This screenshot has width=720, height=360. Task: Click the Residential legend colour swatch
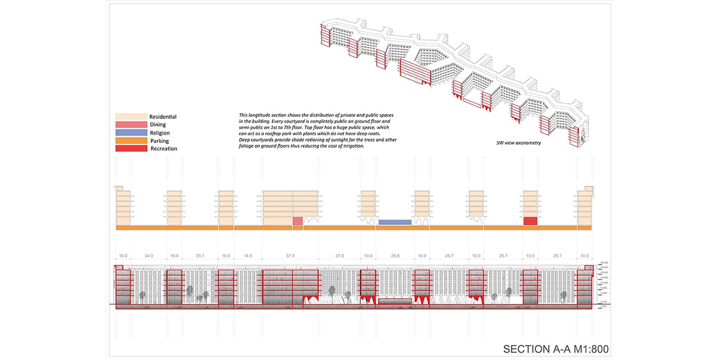(131, 116)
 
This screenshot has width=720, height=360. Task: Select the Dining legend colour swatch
(131, 124)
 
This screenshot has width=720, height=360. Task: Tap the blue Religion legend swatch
(131, 132)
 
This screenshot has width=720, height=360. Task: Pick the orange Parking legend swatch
(131, 140)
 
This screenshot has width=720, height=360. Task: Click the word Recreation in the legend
(164, 148)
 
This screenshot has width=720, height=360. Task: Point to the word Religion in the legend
(160, 133)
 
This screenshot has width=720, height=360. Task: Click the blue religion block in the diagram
(395, 222)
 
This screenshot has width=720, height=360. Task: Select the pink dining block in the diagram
(298, 221)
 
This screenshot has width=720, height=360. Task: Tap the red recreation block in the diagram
(530, 221)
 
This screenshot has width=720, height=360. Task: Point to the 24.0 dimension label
(148, 256)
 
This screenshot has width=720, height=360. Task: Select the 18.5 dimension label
(247, 256)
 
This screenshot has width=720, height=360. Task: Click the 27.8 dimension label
(340, 256)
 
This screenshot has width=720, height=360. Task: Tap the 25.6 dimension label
(395, 256)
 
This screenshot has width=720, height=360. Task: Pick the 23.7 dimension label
(201, 256)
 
